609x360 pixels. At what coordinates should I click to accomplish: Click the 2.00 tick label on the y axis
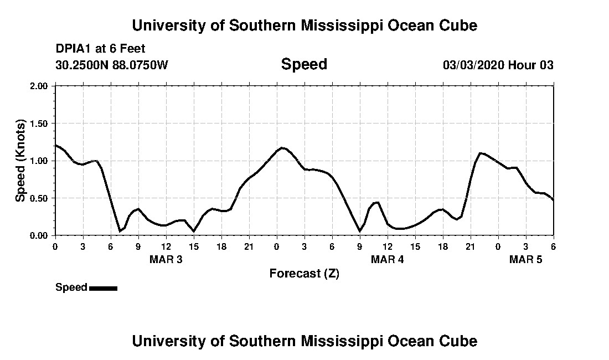click(40, 86)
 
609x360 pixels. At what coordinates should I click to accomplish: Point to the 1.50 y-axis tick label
click(40, 124)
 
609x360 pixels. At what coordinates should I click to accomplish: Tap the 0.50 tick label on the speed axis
click(40, 198)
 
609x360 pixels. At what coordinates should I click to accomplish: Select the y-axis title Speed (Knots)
click(20, 160)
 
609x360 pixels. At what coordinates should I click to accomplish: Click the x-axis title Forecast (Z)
click(304, 273)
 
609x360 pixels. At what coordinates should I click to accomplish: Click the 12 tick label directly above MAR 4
click(388, 246)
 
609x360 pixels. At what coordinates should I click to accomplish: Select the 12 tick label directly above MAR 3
click(166, 246)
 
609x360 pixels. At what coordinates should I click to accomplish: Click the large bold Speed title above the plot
click(304, 64)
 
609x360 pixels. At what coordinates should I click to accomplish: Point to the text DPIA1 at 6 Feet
click(100, 49)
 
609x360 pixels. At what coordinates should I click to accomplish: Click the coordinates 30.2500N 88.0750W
click(111, 65)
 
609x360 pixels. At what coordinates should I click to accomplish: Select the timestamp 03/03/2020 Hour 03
click(498, 65)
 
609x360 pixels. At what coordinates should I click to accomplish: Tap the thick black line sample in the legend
click(103, 288)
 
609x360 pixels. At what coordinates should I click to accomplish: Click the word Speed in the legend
click(71, 287)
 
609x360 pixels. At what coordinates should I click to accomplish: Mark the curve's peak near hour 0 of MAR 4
click(282, 148)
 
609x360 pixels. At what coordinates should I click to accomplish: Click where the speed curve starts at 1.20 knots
click(56, 146)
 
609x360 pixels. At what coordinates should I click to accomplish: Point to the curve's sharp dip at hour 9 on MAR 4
click(360, 231)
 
